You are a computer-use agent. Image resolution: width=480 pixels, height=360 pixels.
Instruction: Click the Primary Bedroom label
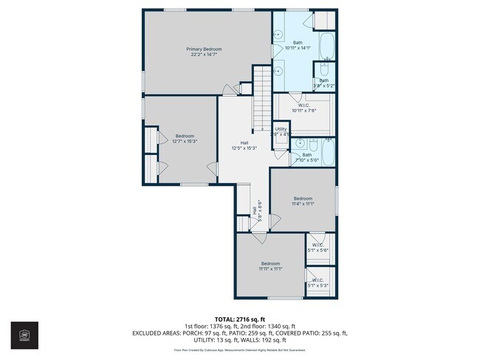click(206, 52)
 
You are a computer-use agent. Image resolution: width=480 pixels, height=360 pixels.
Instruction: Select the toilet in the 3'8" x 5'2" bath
click(323, 70)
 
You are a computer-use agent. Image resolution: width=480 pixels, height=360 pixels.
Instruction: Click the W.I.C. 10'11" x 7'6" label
click(304, 108)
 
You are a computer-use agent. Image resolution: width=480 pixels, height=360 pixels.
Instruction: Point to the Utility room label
click(281, 131)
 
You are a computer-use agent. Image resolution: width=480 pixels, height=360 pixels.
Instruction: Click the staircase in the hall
click(263, 96)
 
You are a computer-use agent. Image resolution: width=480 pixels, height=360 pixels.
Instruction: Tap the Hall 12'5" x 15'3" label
click(244, 145)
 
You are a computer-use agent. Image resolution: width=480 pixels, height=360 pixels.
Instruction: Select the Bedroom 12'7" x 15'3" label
click(185, 138)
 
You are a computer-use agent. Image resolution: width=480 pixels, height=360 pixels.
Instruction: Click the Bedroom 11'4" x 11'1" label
click(303, 201)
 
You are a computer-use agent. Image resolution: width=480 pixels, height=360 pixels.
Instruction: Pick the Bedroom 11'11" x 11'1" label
click(270, 266)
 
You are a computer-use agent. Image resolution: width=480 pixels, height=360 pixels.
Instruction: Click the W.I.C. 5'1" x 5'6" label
click(318, 247)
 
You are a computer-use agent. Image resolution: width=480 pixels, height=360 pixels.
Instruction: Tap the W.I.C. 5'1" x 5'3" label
click(318, 283)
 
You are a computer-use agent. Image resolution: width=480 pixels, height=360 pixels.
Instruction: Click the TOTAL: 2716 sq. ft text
click(240, 319)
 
